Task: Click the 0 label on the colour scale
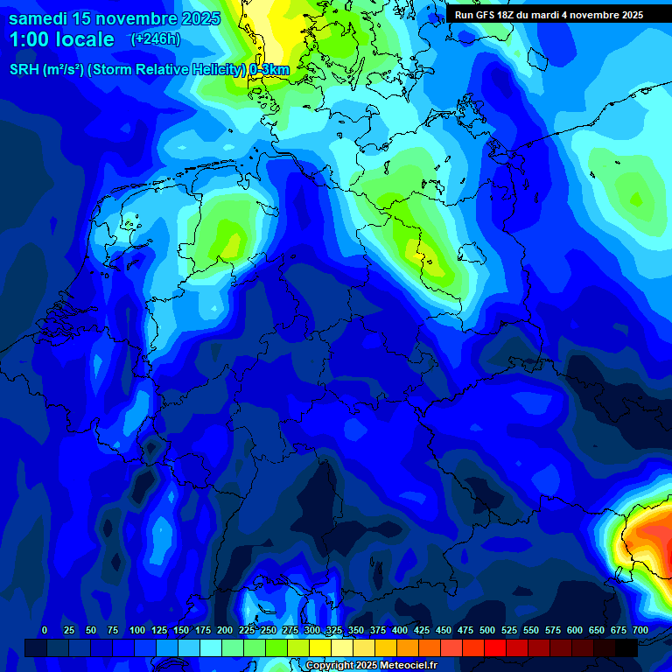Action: [x=45, y=630]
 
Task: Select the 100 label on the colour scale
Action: [x=137, y=630]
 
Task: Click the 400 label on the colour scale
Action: [x=400, y=630]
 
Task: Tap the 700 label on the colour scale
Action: [x=640, y=630]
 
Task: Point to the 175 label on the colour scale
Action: [x=203, y=630]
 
